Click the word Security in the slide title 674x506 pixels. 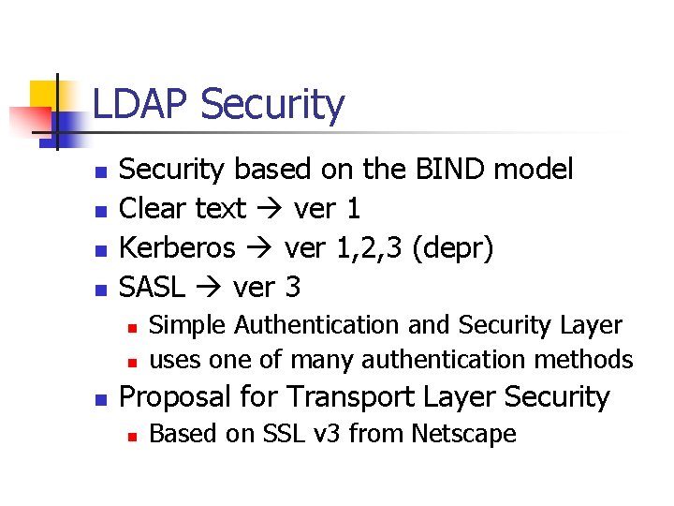pyautogui.click(x=272, y=105)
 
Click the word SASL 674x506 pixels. pyautogui.click(x=154, y=287)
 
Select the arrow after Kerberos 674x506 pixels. pyautogui.click(x=261, y=248)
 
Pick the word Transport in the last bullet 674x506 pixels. pyautogui.click(x=342, y=396)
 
